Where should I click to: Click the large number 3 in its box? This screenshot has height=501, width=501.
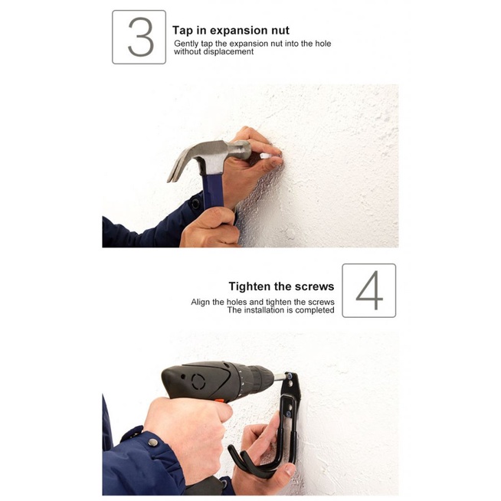pos(139,38)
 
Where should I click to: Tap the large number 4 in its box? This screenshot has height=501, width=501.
pos(368,290)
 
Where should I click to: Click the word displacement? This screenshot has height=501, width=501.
pos(228,52)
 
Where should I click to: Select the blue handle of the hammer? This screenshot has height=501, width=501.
pos(214,188)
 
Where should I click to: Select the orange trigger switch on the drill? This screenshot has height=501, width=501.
pos(219,401)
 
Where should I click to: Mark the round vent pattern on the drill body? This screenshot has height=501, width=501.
pos(198,381)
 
